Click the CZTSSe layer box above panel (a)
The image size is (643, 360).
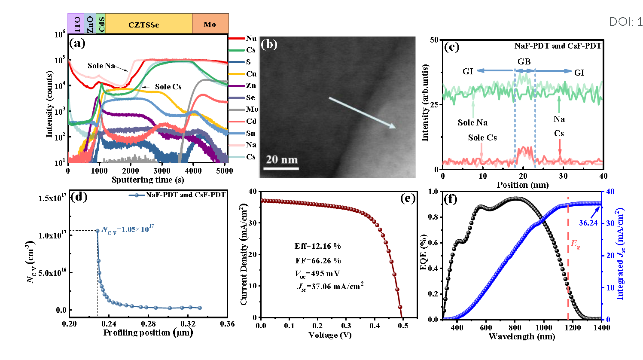144,24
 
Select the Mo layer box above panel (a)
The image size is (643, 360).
210,24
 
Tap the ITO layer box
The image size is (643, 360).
76,24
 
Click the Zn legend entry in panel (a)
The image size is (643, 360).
251,86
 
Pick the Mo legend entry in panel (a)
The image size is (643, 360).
252,110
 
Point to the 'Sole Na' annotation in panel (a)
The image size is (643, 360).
101,66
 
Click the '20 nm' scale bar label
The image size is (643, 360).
282,160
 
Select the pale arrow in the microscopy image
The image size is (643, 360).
362,113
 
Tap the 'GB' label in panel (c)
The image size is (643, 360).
524,61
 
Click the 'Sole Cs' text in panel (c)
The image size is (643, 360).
482,138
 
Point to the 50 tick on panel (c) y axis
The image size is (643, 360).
434,40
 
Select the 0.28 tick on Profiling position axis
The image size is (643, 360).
149,323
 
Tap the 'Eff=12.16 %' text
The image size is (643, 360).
317,246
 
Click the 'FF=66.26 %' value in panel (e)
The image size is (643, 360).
317,260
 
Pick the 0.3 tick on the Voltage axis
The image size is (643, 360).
346,326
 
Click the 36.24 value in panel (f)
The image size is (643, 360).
588,223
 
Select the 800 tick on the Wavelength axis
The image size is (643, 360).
515,328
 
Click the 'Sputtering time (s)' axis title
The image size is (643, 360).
148,180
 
